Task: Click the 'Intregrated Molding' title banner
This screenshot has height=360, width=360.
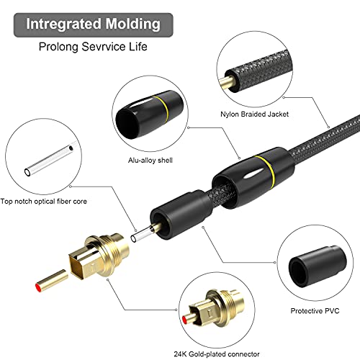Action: click(x=93, y=23)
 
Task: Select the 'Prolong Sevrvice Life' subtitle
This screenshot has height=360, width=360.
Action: click(x=94, y=48)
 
